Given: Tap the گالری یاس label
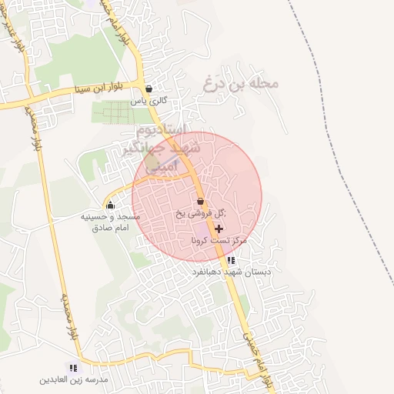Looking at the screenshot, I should tap(149, 101).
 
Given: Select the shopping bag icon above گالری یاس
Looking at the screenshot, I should tap(149, 88).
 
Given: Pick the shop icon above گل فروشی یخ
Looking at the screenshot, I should tap(200, 202).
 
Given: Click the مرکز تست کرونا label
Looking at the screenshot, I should tap(220, 241).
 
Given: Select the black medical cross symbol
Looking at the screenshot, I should tap(219, 229).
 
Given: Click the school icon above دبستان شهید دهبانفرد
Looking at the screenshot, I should tap(231, 261).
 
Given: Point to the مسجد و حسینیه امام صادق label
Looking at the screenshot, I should tap(111, 222).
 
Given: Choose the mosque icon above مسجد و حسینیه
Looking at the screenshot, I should tap(110, 205).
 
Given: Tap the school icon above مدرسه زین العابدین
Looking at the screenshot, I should tap(73, 369).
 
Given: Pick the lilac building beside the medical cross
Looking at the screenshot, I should tap(202, 229).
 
